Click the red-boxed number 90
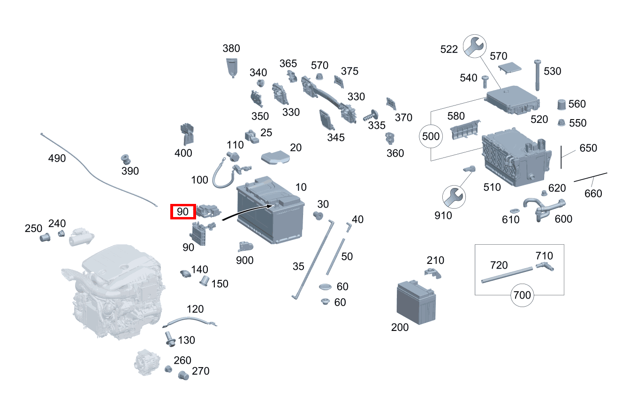tap(183, 212)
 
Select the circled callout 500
tap(431, 136)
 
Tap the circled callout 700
tap(522, 295)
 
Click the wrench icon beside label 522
tap(475, 46)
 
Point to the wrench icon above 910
tap(454, 197)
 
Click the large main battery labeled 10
tap(270, 210)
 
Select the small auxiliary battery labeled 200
tap(416, 302)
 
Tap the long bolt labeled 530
tap(537, 75)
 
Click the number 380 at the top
tap(231, 49)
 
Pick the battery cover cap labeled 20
tap(275, 158)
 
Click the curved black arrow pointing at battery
tap(247, 211)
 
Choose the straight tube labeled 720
tap(507, 275)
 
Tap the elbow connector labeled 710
tap(545, 266)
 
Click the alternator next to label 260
tap(147, 362)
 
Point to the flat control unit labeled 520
tap(512, 100)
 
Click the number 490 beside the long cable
tap(57, 158)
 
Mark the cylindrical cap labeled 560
tap(561, 105)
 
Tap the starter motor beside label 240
tap(81, 237)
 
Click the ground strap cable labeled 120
tap(190, 322)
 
